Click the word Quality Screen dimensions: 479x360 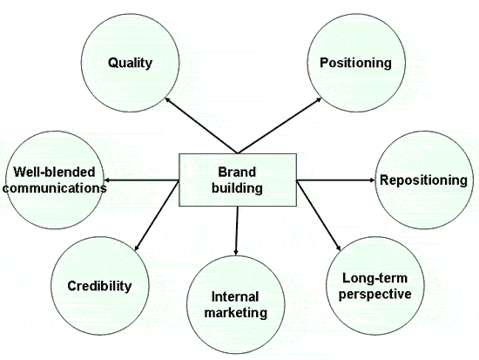130,64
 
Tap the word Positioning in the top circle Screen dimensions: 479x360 355,64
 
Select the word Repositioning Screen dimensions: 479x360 423,180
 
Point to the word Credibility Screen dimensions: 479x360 99,286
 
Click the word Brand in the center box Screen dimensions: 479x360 237,173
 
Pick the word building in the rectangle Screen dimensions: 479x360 238,188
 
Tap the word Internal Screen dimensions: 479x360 235,297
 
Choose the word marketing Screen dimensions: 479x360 236,313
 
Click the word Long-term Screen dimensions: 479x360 374,278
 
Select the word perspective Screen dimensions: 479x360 375,295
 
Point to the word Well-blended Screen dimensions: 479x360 54,173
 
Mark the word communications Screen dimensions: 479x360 55,188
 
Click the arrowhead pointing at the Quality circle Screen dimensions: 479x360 167,99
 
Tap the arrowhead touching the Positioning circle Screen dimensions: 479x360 319,99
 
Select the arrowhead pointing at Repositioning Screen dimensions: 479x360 372,180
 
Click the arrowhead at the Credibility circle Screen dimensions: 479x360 137,248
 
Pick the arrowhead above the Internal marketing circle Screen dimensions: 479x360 235,252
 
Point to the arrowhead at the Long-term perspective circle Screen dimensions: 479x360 338,248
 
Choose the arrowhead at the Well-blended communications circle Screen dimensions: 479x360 106,180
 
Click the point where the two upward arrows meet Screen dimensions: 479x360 238,153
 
